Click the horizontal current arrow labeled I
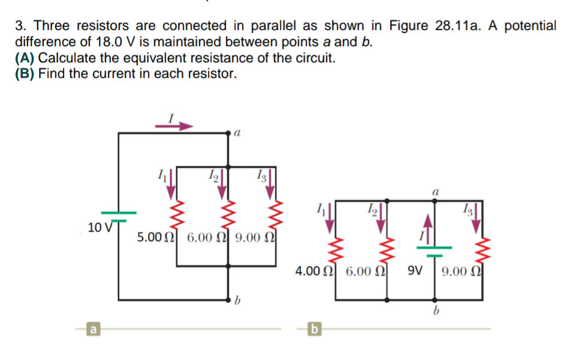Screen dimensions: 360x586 click(174, 126)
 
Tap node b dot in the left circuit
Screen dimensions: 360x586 click(228, 299)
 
